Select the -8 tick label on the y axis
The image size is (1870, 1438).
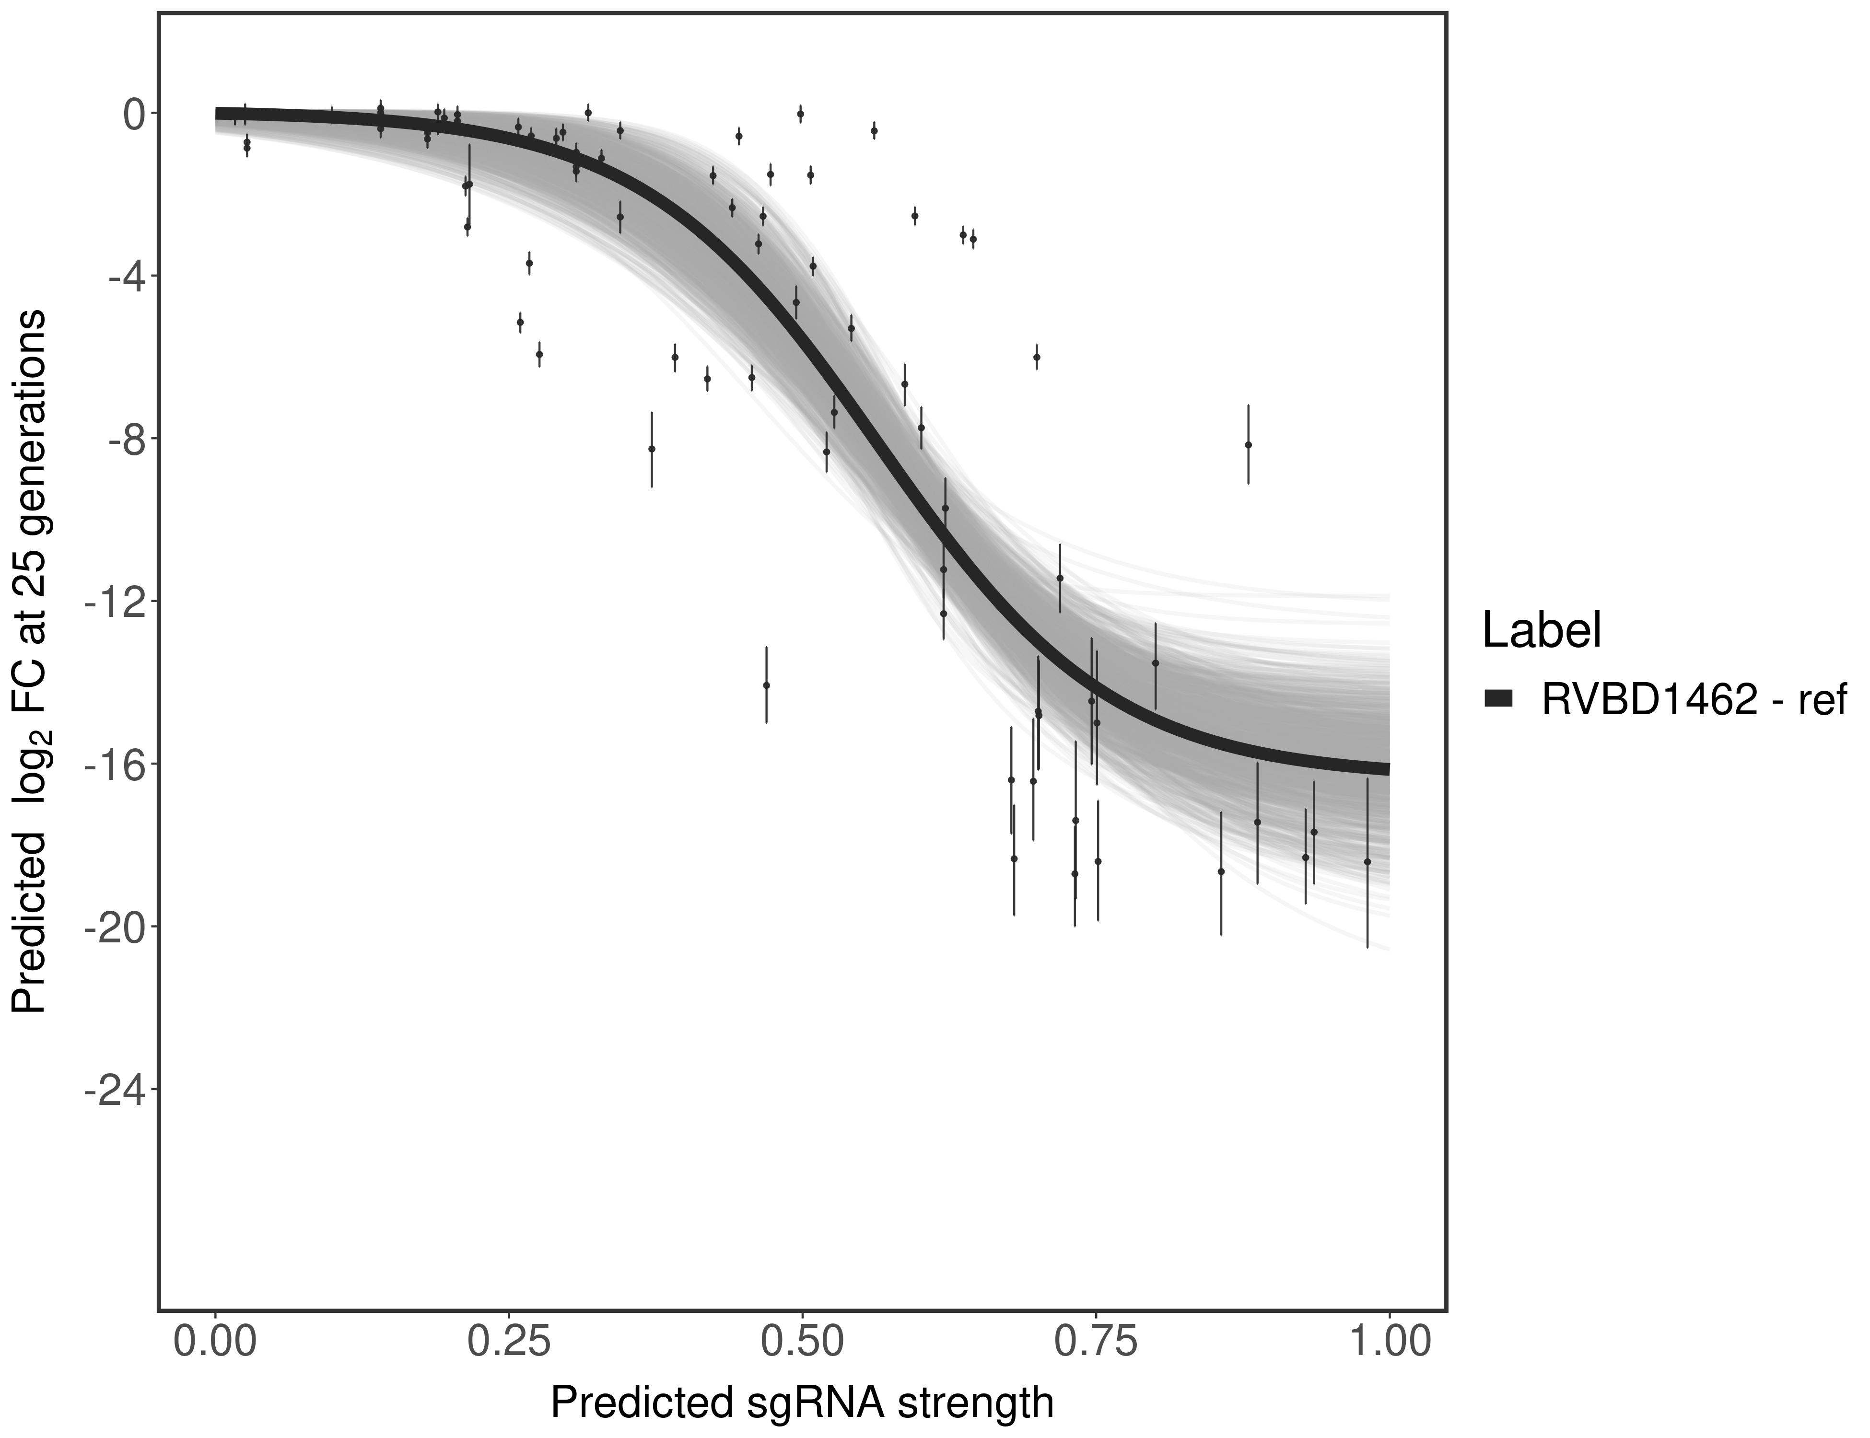tap(122, 439)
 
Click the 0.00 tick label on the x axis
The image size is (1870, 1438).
tap(215, 1341)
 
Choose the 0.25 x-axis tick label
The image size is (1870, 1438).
tap(509, 1341)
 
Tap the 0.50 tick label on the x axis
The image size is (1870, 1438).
tap(801, 1341)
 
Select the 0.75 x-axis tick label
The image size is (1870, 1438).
tap(1095, 1341)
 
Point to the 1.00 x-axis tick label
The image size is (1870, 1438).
tap(1388, 1341)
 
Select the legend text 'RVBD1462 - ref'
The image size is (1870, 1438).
tap(1694, 699)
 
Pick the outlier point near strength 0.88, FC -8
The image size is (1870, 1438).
tap(1249, 444)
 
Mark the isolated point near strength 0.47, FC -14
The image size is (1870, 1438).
tap(766, 685)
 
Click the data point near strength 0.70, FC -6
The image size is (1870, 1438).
tap(1037, 357)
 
